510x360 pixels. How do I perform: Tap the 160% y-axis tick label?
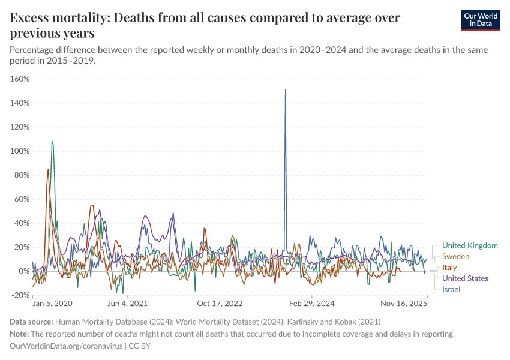pos(20,79)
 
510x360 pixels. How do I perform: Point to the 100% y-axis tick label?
pos(20,151)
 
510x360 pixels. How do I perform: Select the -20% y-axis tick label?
pos(20,295)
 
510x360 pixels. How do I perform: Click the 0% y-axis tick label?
pos(24,271)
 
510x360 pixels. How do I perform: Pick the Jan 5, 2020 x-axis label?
pos(53,304)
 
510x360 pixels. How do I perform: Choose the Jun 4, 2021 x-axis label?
pos(127,304)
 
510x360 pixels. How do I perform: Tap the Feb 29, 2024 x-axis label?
pos(313,304)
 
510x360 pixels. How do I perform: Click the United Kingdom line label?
pos(470,245)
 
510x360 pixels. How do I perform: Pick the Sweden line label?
pos(456,256)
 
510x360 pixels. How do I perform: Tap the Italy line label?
pos(449,268)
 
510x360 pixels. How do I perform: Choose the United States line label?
pos(465,278)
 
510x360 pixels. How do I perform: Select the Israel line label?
pos(451,289)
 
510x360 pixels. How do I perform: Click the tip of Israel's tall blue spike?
pos(285,90)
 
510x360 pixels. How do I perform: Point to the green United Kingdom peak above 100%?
pos(52,142)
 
